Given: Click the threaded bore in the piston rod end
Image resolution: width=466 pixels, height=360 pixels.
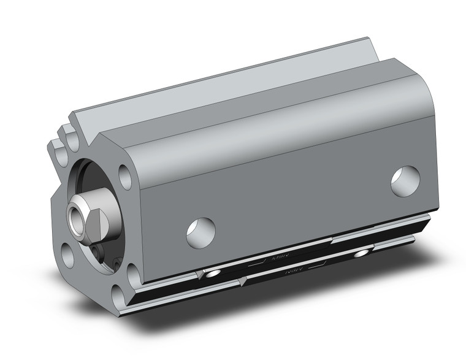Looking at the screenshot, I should click(x=74, y=215).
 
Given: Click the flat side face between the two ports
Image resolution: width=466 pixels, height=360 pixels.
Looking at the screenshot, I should click(x=294, y=196).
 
